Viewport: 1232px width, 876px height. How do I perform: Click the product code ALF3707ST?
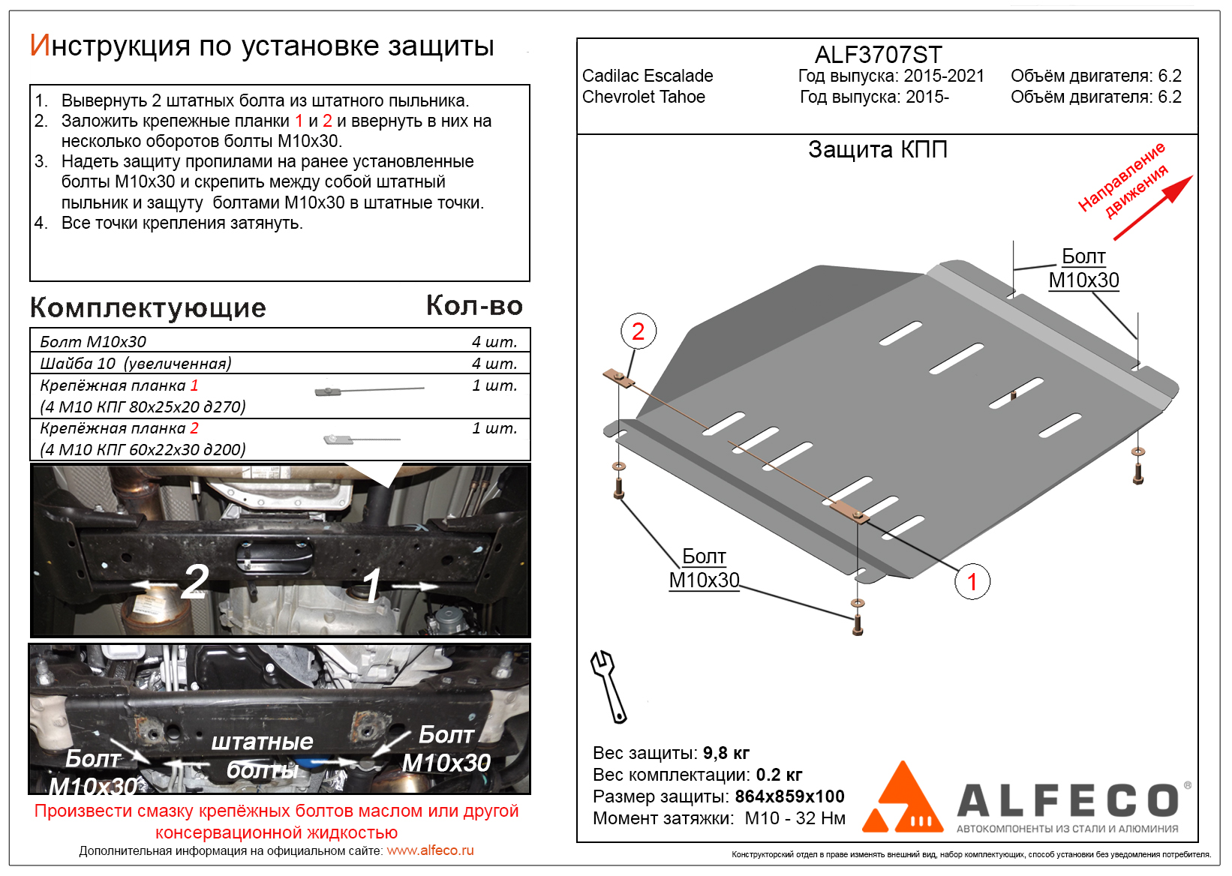tap(878, 55)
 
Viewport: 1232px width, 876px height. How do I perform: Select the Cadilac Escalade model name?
tap(648, 76)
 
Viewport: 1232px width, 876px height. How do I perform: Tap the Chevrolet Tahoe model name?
tap(644, 97)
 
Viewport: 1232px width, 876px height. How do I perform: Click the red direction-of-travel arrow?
tap(1152, 208)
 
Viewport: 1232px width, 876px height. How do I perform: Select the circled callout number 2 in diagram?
tap(639, 331)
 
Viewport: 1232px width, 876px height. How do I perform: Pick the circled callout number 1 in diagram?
tap(972, 581)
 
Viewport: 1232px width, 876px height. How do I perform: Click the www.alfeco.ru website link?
tap(430, 850)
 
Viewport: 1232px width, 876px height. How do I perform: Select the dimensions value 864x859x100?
tap(789, 796)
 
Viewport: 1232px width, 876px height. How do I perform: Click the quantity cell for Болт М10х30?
tap(494, 342)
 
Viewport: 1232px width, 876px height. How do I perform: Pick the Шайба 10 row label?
tap(135, 364)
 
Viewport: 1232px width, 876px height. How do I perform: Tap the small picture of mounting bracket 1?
tap(369, 390)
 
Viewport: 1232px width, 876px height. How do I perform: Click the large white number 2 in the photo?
tap(195, 581)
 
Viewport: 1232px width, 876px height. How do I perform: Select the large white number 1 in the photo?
tap(372, 585)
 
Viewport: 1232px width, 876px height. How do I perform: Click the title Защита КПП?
tap(878, 150)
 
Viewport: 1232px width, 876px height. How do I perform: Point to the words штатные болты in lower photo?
tap(263, 755)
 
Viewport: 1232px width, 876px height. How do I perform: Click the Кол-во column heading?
tap(474, 306)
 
